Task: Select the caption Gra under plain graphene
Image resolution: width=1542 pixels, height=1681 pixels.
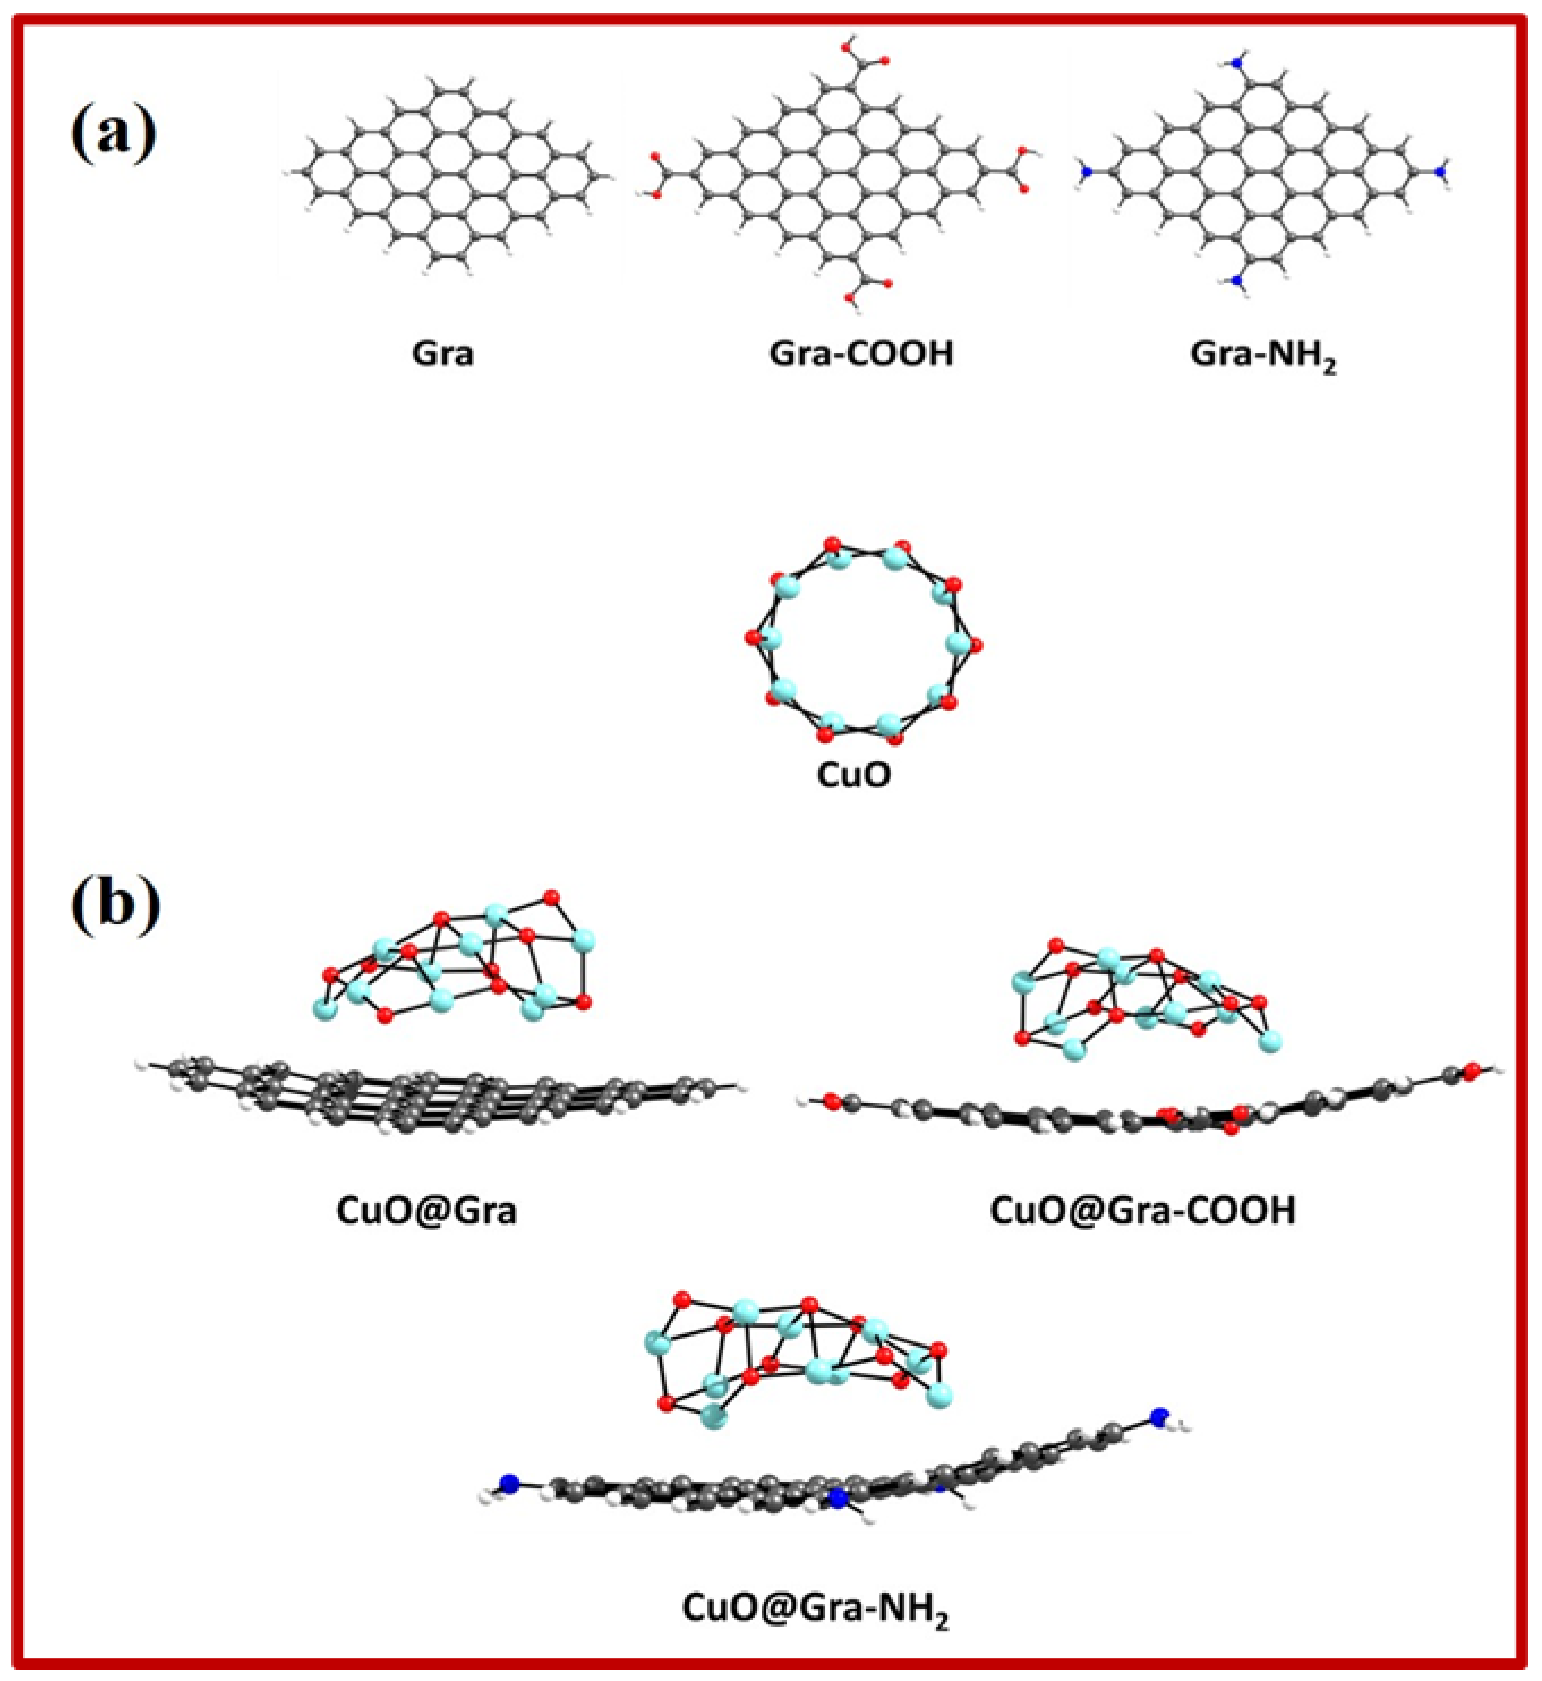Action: coord(443,354)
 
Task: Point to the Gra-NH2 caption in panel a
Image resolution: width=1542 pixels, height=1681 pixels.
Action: coord(1262,356)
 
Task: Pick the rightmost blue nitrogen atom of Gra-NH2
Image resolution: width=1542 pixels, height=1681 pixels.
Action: coord(1440,172)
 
